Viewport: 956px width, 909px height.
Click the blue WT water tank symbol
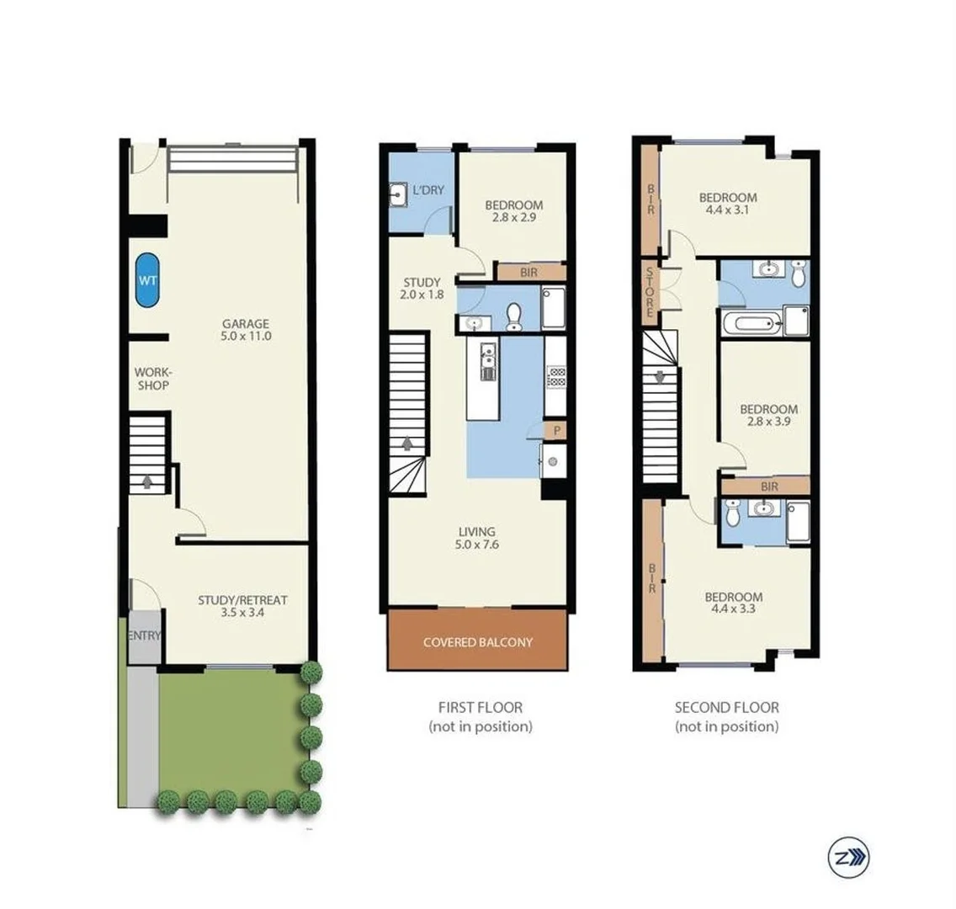(x=147, y=280)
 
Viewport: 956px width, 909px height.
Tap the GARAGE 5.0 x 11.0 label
(x=246, y=330)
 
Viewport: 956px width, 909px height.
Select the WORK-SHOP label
(x=152, y=379)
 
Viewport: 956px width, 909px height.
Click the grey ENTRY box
(x=144, y=636)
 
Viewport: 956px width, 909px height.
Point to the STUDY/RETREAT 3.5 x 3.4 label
(x=242, y=606)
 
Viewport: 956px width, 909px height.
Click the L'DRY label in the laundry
(x=428, y=190)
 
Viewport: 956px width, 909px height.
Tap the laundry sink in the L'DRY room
(x=400, y=196)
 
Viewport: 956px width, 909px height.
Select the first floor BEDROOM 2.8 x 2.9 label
(x=514, y=210)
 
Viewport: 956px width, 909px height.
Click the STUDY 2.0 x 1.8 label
(x=422, y=289)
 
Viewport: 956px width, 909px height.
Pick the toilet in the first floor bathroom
(x=514, y=316)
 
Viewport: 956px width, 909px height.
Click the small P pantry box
(x=555, y=431)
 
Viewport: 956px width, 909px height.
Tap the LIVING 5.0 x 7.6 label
(x=476, y=538)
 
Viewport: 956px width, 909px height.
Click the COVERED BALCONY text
(x=477, y=642)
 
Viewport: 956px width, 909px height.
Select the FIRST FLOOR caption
(x=480, y=708)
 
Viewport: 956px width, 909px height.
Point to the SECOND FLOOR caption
(x=726, y=708)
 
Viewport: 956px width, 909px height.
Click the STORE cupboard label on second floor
(x=650, y=291)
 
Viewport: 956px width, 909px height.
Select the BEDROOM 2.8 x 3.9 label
(x=768, y=416)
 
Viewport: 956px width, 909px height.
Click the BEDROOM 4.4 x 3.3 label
(x=734, y=602)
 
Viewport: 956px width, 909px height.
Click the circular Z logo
(x=847, y=858)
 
